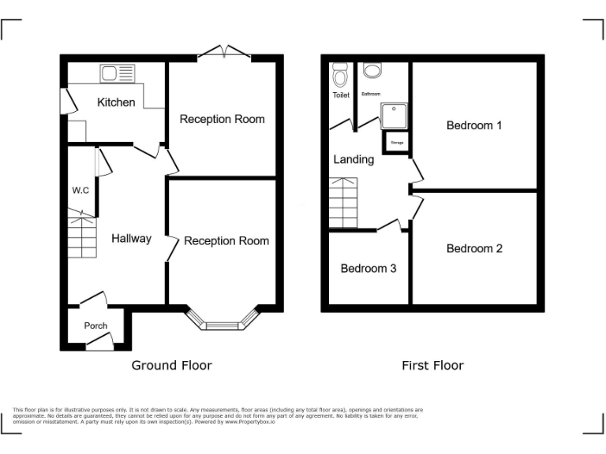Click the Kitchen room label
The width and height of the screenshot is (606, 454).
[x=116, y=102]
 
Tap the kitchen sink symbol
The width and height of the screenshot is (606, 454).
[x=118, y=74]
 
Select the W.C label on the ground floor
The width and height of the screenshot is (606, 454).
[x=80, y=190]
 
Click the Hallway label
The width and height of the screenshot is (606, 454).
[x=131, y=238]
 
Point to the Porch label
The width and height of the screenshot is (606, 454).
[x=95, y=326]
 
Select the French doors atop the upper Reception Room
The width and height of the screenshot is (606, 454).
[x=224, y=53]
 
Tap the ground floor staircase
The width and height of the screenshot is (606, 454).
[x=80, y=237]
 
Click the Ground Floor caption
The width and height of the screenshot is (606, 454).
[x=171, y=365]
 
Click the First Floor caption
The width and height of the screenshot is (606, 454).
[x=432, y=365]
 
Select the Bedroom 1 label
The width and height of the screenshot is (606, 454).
[x=474, y=125]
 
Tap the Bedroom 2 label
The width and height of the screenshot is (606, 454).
[x=474, y=248]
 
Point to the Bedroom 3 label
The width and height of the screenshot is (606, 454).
[x=368, y=269]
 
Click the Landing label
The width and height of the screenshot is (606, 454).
[x=353, y=159]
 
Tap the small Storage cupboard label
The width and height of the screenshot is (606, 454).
[x=396, y=143]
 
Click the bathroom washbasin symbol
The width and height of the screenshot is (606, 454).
[x=372, y=71]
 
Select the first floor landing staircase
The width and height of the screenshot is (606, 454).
[x=343, y=203]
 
